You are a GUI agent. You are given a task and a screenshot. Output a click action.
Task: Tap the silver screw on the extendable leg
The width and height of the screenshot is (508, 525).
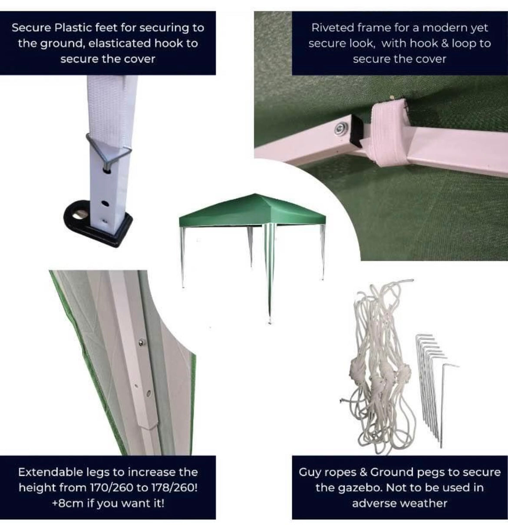coord(141,343)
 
